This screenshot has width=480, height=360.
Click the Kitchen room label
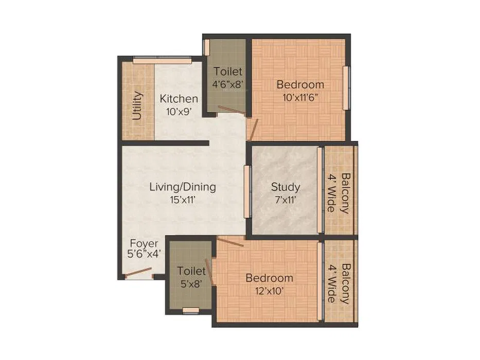pyautogui.click(x=179, y=99)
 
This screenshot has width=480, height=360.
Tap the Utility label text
pyautogui.click(x=137, y=105)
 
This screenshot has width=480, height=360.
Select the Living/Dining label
pyautogui.click(x=183, y=187)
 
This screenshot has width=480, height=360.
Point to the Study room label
pyautogui.click(x=286, y=187)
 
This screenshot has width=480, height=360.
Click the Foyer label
pyautogui.click(x=144, y=244)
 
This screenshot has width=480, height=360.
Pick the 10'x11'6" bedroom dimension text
pyautogui.click(x=300, y=98)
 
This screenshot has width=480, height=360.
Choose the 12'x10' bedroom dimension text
pyautogui.click(x=270, y=291)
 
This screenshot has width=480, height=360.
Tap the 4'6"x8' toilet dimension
pyautogui.click(x=228, y=84)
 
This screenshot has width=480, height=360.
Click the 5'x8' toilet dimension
pyautogui.click(x=191, y=284)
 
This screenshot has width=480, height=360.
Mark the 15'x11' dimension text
pyautogui.click(x=183, y=200)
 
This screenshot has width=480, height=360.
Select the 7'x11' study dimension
pyautogui.click(x=286, y=200)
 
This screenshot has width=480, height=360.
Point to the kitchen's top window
pyautogui.click(x=163, y=61)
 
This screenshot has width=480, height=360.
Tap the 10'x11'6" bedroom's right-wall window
pyautogui.click(x=346, y=88)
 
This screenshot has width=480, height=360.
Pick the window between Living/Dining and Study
pyautogui.click(x=247, y=192)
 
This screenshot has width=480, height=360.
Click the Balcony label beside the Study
pyautogui.click(x=345, y=193)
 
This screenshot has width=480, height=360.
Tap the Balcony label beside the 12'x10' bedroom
pyautogui.click(x=345, y=284)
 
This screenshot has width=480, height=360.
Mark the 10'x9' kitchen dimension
pyautogui.click(x=179, y=112)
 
